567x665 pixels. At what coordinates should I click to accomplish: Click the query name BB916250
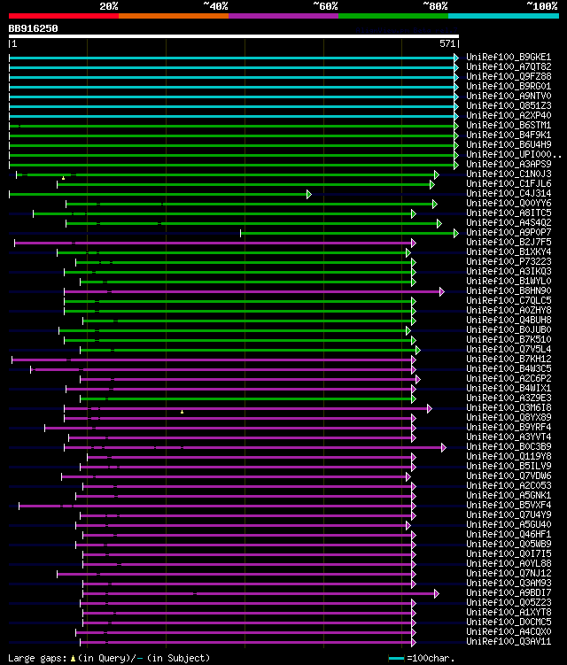point(33,28)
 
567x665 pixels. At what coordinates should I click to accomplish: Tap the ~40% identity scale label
point(215,6)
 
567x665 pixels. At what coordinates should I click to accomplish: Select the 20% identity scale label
point(109,6)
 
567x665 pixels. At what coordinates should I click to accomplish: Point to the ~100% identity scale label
point(542,6)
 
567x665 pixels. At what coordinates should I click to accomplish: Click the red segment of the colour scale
point(63,16)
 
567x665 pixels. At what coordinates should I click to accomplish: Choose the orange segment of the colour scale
point(173,16)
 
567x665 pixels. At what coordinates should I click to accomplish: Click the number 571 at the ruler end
point(447,43)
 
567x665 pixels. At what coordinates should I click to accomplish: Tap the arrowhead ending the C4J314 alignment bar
point(309,194)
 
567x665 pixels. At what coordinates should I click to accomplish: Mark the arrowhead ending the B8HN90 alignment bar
point(442,291)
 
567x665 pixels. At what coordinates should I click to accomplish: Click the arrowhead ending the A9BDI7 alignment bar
point(436,593)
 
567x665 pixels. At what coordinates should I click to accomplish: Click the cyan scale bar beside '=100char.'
point(396,658)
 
